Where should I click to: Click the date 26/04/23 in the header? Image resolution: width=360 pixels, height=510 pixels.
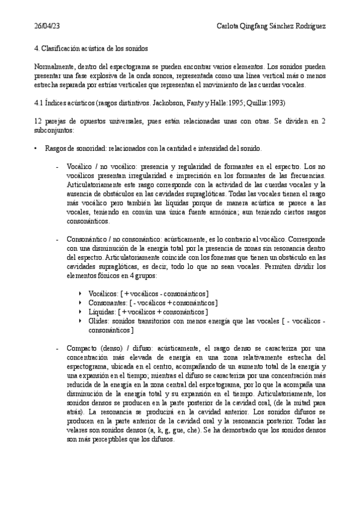[47, 27]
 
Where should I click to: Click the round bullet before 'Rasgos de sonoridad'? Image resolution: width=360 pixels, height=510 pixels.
[37, 148]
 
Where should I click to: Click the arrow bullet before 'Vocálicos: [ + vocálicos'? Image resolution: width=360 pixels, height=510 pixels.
[81, 293]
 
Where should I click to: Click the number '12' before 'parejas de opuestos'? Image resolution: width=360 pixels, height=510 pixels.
[39, 121]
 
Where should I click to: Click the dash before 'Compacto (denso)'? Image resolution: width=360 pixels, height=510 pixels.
[56, 348]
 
